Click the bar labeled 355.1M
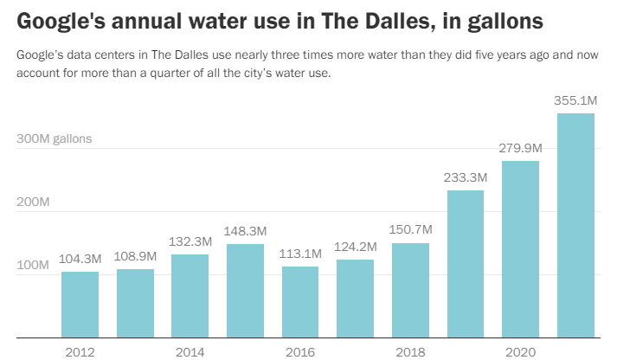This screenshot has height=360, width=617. click(575, 225)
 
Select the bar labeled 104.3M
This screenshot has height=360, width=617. click(80, 305)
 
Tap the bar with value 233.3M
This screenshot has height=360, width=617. click(466, 264)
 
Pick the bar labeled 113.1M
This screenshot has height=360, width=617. click(300, 302)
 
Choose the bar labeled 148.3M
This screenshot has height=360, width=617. click(245, 291)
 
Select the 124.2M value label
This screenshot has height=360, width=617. click(355, 247)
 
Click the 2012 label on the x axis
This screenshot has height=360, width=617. click(80, 351)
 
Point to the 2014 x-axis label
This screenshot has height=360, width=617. click(190, 351)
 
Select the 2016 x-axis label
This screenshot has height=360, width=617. click(300, 351)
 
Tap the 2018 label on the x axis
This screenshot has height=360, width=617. click(410, 351)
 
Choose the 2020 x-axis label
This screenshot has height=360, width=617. click(520, 351)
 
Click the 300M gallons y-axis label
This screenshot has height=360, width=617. click(55, 138)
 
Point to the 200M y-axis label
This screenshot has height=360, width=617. click(33, 202)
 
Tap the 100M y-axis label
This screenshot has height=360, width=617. click(33, 264)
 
